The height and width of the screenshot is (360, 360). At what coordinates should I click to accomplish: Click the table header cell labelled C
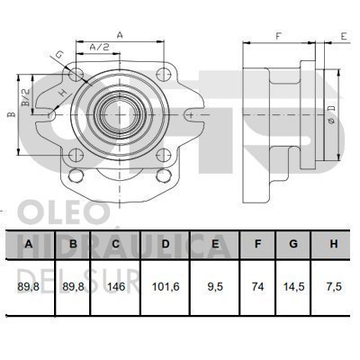(x=115, y=244)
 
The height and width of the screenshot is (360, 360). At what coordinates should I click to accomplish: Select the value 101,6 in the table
(x=166, y=287)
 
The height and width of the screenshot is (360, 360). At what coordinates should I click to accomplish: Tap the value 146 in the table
(x=116, y=287)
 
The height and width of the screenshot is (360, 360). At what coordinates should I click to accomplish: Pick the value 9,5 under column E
(x=215, y=287)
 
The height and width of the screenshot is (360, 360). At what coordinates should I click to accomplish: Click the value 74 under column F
(x=257, y=287)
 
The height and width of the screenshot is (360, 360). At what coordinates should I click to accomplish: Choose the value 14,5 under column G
(x=293, y=287)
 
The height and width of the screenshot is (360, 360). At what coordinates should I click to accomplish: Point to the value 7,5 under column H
(x=334, y=287)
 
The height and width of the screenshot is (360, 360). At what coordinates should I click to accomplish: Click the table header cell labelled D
(x=166, y=244)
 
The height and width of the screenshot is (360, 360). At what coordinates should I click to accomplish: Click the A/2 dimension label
(x=99, y=47)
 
